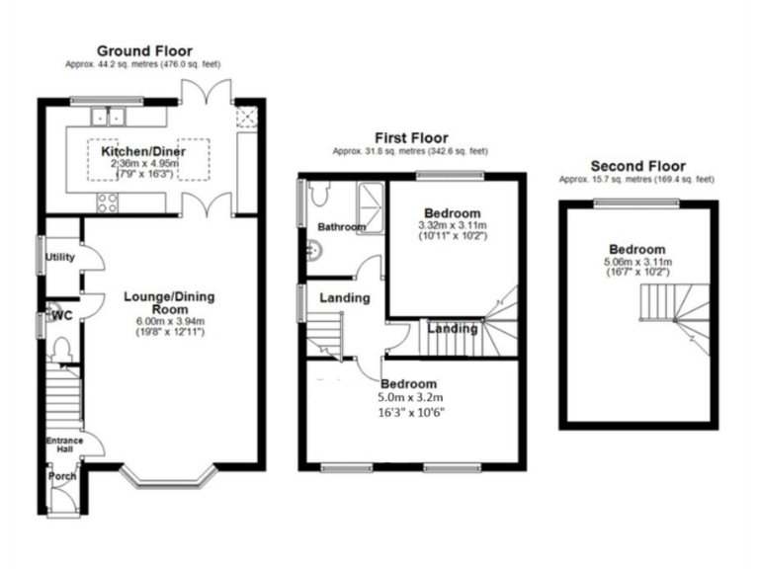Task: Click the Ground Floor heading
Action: click(144, 50)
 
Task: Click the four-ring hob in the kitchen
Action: click(107, 204)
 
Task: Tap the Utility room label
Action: click(60, 258)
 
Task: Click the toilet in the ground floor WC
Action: click(60, 350)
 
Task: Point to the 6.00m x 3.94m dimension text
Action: click(169, 322)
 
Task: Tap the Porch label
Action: click(62, 477)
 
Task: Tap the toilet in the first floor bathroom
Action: click(315, 196)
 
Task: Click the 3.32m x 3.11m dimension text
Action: click(453, 226)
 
